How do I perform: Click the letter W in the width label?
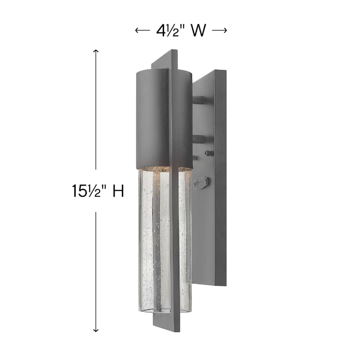point(198,31)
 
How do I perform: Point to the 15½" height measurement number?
point(89,191)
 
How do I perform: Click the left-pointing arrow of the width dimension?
point(142,31)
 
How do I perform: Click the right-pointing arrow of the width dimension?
point(220,31)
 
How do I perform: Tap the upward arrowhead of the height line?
point(96,51)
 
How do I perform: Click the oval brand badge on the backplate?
point(202,182)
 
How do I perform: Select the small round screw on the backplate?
point(207,153)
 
